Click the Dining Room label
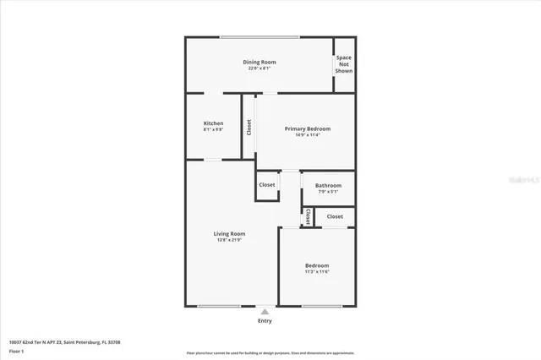pyautogui.click(x=260, y=62)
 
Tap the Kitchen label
pyautogui.click(x=213, y=123)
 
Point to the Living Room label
pyautogui.click(x=229, y=233)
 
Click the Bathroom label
pyautogui.click(x=328, y=185)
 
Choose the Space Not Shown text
pyautogui.click(x=344, y=64)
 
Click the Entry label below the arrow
pyautogui.click(x=265, y=321)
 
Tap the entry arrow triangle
pyautogui.click(x=265, y=311)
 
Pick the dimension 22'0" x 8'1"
pyautogui.click(x=260, y=68)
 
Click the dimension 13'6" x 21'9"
pyautogui.click(x=229, y=240)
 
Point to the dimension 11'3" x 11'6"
pyautogui.click(x=317, y=271)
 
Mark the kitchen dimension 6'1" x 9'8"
pyautogui.click(x=213, y=130)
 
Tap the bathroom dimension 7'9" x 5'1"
pyautogui.click(x=328, y=192)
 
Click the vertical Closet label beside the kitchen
pyautogui.click(x=249, y=127)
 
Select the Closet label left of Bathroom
pyautogui.click(x=267, y=184)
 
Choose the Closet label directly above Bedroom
pyautogui.click(x=335, y=216)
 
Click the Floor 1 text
pyautogui.click(x=16, y=351)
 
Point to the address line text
pyautogui.click(x=64, y=342)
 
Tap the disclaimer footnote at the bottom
pyautogui.click(x=270, y=353)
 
